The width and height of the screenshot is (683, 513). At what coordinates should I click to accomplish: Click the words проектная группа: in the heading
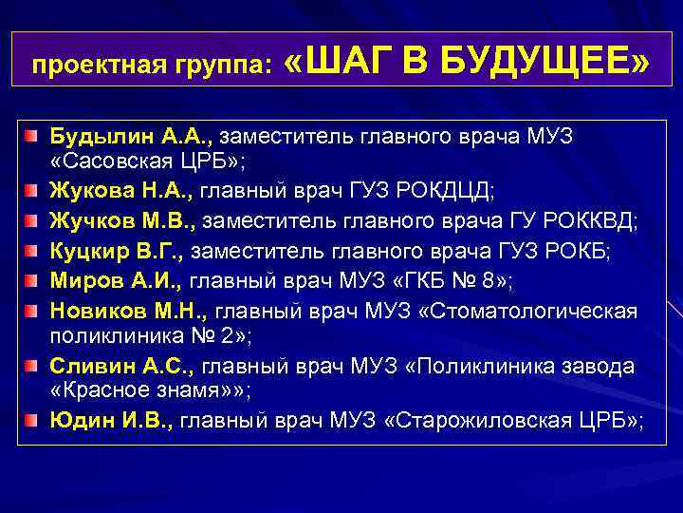point(152,66)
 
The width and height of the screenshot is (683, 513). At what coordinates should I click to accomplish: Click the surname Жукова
point(88,191)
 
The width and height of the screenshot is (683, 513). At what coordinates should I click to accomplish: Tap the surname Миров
point(83,280)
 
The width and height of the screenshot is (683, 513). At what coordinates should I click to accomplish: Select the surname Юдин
point(79,420)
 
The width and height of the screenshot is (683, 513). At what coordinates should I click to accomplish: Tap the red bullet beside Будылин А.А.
point(33,137)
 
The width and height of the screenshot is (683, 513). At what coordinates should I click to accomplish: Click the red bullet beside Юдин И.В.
point(33,421)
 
